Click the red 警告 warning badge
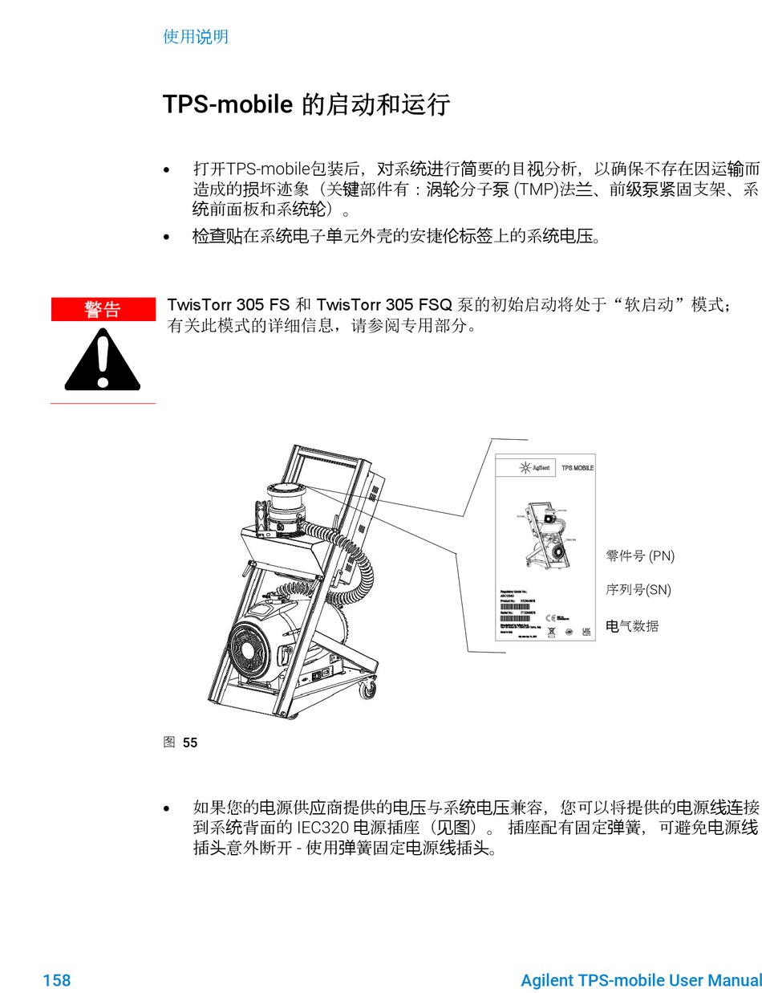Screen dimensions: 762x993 [x=103, y=309]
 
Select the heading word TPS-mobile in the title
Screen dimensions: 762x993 [x=227, y=104]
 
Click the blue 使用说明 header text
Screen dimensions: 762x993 [x=196, y=37]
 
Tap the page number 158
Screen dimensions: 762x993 [x=56, y=980]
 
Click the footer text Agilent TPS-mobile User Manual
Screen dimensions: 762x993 [x=640, y=980]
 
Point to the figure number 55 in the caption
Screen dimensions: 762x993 [x=190, y=743]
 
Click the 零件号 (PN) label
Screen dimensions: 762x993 [x=640, y=556]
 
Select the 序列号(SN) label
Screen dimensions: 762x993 [x=638, y=590]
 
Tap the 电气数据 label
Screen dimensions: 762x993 [x=632, y=626]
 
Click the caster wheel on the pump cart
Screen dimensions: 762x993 [x=367, y=688]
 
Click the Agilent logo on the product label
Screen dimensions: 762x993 [x=533, y=467]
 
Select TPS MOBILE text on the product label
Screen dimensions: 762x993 [x=577, y=467]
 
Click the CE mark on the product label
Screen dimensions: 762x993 [x=550, y=617]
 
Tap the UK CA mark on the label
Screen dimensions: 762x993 [x=586, y=631]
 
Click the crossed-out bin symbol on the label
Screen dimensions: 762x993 [x=551, y=632]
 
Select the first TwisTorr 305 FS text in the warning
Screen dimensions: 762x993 [x=228, y=305]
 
